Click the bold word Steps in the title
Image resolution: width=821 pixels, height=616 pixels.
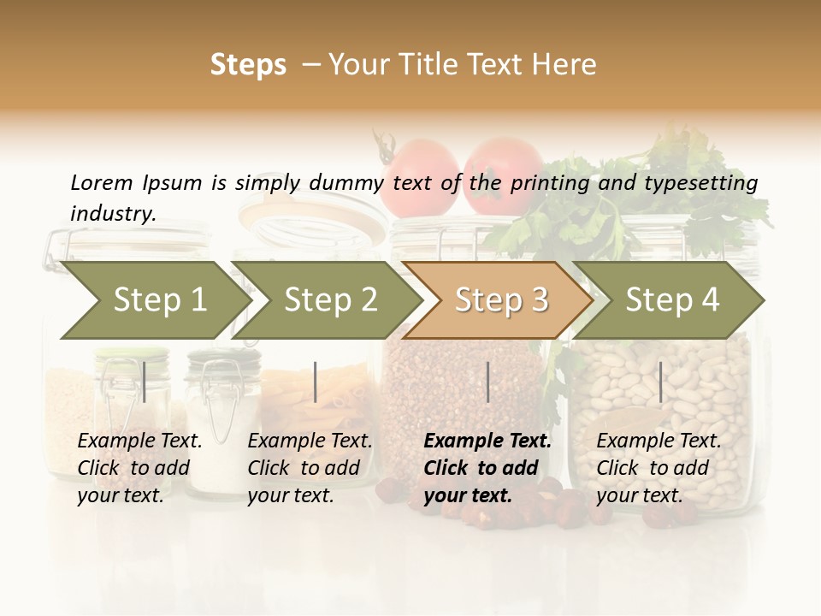click(x=248, y=65)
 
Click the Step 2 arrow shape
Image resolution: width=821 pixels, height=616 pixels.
click(x=325, y=300)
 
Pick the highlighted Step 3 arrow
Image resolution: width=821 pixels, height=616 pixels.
click(x=498, y=300)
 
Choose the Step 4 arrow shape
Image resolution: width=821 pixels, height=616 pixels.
click(x=669, y=300)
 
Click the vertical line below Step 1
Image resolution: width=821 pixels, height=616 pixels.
click(x=145, y=382)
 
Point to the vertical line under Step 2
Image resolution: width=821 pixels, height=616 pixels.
click(x=316, y=382)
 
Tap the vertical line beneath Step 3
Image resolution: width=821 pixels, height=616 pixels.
click(x=488, y=382)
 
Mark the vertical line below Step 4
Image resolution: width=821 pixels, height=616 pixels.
click(x=660, y=382)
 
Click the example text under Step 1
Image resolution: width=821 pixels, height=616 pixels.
click(x=139, y=468)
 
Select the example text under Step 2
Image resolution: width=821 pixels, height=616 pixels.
click(x=310, y=468)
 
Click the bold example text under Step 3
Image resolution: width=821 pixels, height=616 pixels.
click(x=487, y=468)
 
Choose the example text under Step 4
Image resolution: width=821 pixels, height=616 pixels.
click(x=659, y=468)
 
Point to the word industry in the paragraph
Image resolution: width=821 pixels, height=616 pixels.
click(x=113, y=214)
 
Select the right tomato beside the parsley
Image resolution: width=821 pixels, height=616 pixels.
click(x=505, y=174)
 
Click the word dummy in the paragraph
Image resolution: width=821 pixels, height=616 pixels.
click(x=345, y=182)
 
